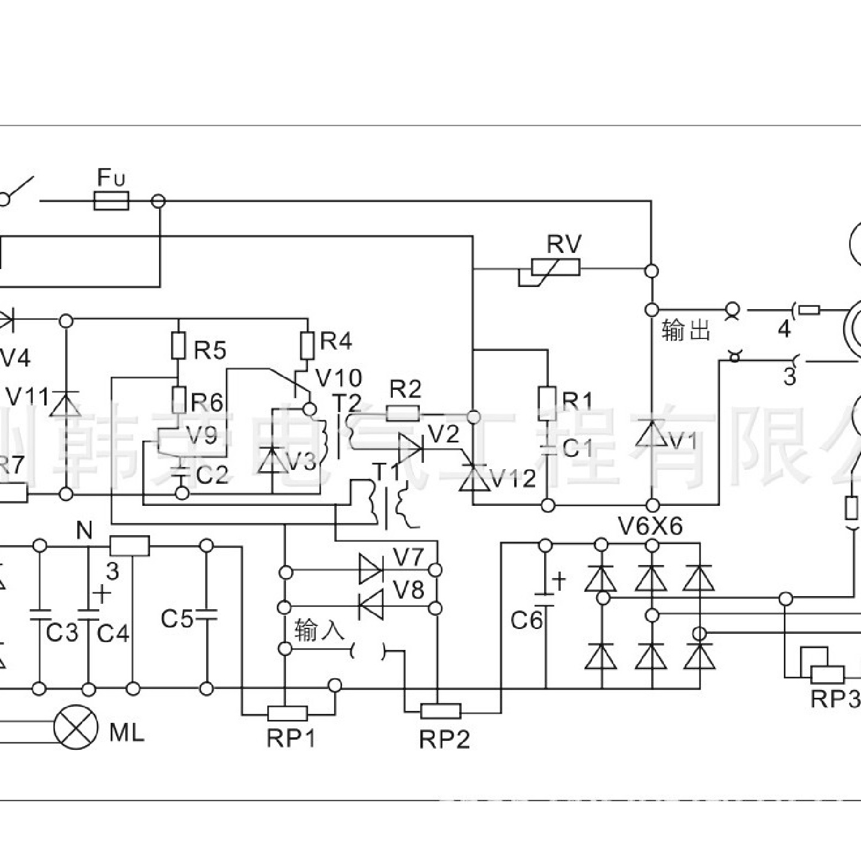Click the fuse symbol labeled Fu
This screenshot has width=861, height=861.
112,201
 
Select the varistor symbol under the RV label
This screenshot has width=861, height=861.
555,267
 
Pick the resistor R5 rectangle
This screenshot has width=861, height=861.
178,346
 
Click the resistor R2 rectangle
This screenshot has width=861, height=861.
404,413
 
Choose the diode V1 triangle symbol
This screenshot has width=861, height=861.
651,433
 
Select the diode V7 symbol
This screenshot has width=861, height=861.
371,569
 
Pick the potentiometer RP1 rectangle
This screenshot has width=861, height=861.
287,714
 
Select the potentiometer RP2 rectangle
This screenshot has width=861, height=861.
441,710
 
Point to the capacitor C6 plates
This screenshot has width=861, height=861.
545,599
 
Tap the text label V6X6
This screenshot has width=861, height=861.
651,527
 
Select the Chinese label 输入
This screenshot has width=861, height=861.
320,631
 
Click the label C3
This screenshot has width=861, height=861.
62,633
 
